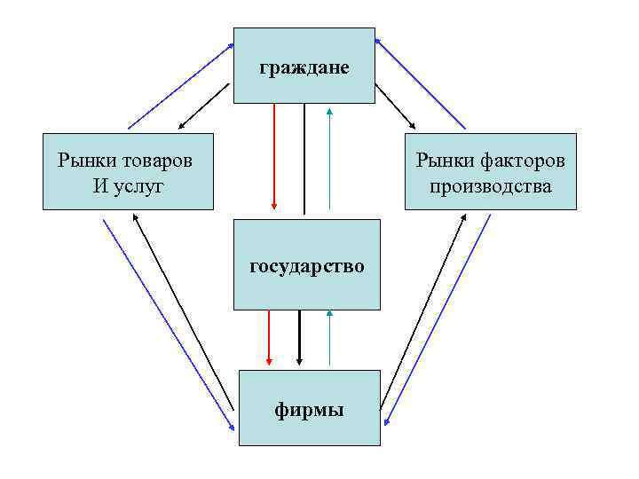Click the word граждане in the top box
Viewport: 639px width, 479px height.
[304, 67]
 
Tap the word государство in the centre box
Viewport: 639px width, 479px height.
[306, 265]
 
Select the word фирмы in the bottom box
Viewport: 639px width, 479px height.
[308, 410]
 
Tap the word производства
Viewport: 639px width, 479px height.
[491, 186]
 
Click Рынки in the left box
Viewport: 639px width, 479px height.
[86, 161]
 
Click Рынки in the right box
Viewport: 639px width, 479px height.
[446, 161]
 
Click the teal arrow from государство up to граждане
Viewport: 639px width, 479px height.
[329, 160]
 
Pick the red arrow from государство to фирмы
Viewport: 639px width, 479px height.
[269, 338]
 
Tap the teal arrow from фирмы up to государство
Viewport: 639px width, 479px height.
[329, 338]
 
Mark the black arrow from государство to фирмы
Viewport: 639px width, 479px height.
[299, 338]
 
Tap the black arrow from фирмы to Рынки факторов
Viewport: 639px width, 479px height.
[424, 310]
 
